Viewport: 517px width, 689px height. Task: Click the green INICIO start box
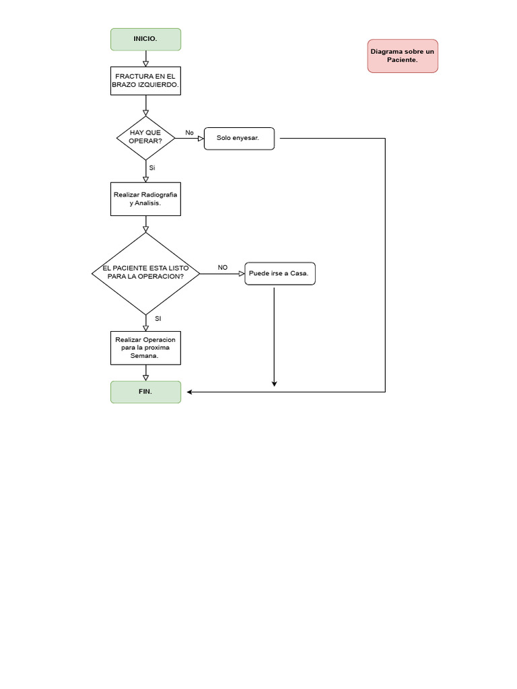coord(145,39)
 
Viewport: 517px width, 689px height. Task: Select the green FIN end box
coord(145,392)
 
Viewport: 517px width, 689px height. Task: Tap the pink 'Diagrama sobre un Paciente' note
coord(403,56)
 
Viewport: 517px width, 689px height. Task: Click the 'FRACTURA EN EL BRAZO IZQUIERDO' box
coord(145,81)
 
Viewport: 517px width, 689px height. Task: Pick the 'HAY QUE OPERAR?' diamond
coord(145,137)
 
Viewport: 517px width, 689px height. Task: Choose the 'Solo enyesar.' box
coord(239,138)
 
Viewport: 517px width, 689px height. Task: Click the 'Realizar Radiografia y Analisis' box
coord(145,198)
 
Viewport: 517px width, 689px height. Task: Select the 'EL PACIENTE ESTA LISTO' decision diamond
coord(145,273)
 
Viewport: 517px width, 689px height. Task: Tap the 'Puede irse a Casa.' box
coord(279,273)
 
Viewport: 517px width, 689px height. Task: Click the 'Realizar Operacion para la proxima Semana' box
coord(145,348)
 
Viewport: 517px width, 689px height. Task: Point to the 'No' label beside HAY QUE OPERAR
coord(189,133)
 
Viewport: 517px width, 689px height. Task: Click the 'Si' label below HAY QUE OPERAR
coord(152,168)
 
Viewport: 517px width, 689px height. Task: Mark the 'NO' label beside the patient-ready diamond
coord(223,267)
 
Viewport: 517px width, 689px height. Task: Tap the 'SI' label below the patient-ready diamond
coord(158,318)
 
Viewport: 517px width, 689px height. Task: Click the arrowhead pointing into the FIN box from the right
coord(190,392)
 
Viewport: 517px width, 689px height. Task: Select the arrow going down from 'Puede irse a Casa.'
coord(274,336)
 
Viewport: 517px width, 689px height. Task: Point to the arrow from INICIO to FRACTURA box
coord(145,59)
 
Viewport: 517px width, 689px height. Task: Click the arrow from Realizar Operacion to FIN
coord(145,373)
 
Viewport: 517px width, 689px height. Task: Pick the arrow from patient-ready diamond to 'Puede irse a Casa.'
coord(222,273)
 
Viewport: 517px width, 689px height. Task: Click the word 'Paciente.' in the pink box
coord(403,60)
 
